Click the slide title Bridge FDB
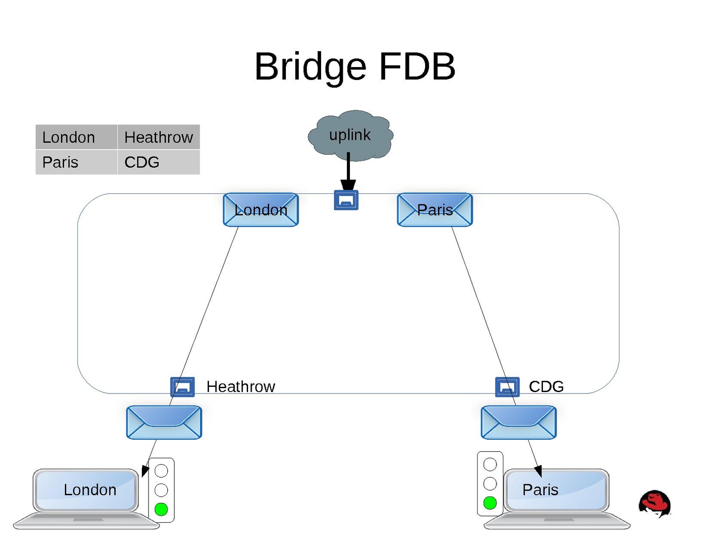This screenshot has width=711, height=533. pyautogui.click(x=354, y=67)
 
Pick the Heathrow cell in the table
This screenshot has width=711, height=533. pyautogui.click(x=158, y=137)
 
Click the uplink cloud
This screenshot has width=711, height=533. pyautogui.click(x=350, y=135)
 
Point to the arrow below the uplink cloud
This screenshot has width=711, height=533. pyautogui.click(x=348, y=171)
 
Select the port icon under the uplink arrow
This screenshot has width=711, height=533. pyautogui.click(x=346, y=200)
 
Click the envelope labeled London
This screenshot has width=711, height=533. pyautogui.click(x=261, y=210)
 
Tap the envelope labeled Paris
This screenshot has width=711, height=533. pyautogui.click(x=434, y=210)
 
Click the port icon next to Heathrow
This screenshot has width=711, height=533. pyautogui.click(x=182, y=387)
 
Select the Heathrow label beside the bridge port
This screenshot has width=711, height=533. pyautogui.click(x=241, y=387)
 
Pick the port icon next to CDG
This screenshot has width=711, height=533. pyautogui.click(x=507, y=387)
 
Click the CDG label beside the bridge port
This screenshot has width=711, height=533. pyautogui.click(x=546, y=387)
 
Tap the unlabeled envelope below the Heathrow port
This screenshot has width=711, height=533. pyautogui.click(x=164, y=422)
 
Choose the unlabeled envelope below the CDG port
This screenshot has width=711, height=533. pyautogui.click(x=518, y=422)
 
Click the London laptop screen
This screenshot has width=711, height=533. pyautogui.click(x=86, y=490)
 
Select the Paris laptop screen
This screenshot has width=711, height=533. pyautogui.click(x=557, y=490)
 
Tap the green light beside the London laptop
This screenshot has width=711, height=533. pyautogui.click(x=161, y=509)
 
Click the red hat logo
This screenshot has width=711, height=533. pyautogui.click(x=655, y=504)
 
